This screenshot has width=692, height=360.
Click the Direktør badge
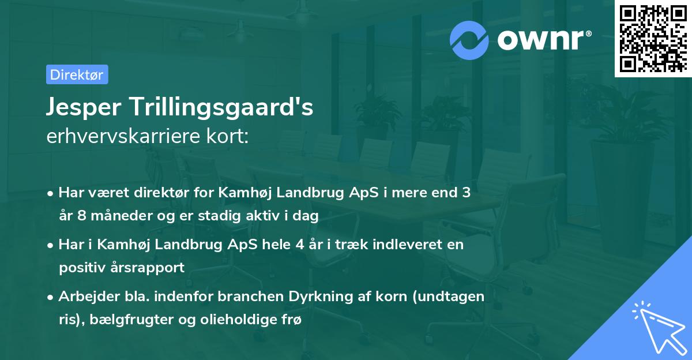[77, 74]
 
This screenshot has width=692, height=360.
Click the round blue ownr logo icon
[469, 39]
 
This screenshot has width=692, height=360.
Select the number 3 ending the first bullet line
[466, 193]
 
